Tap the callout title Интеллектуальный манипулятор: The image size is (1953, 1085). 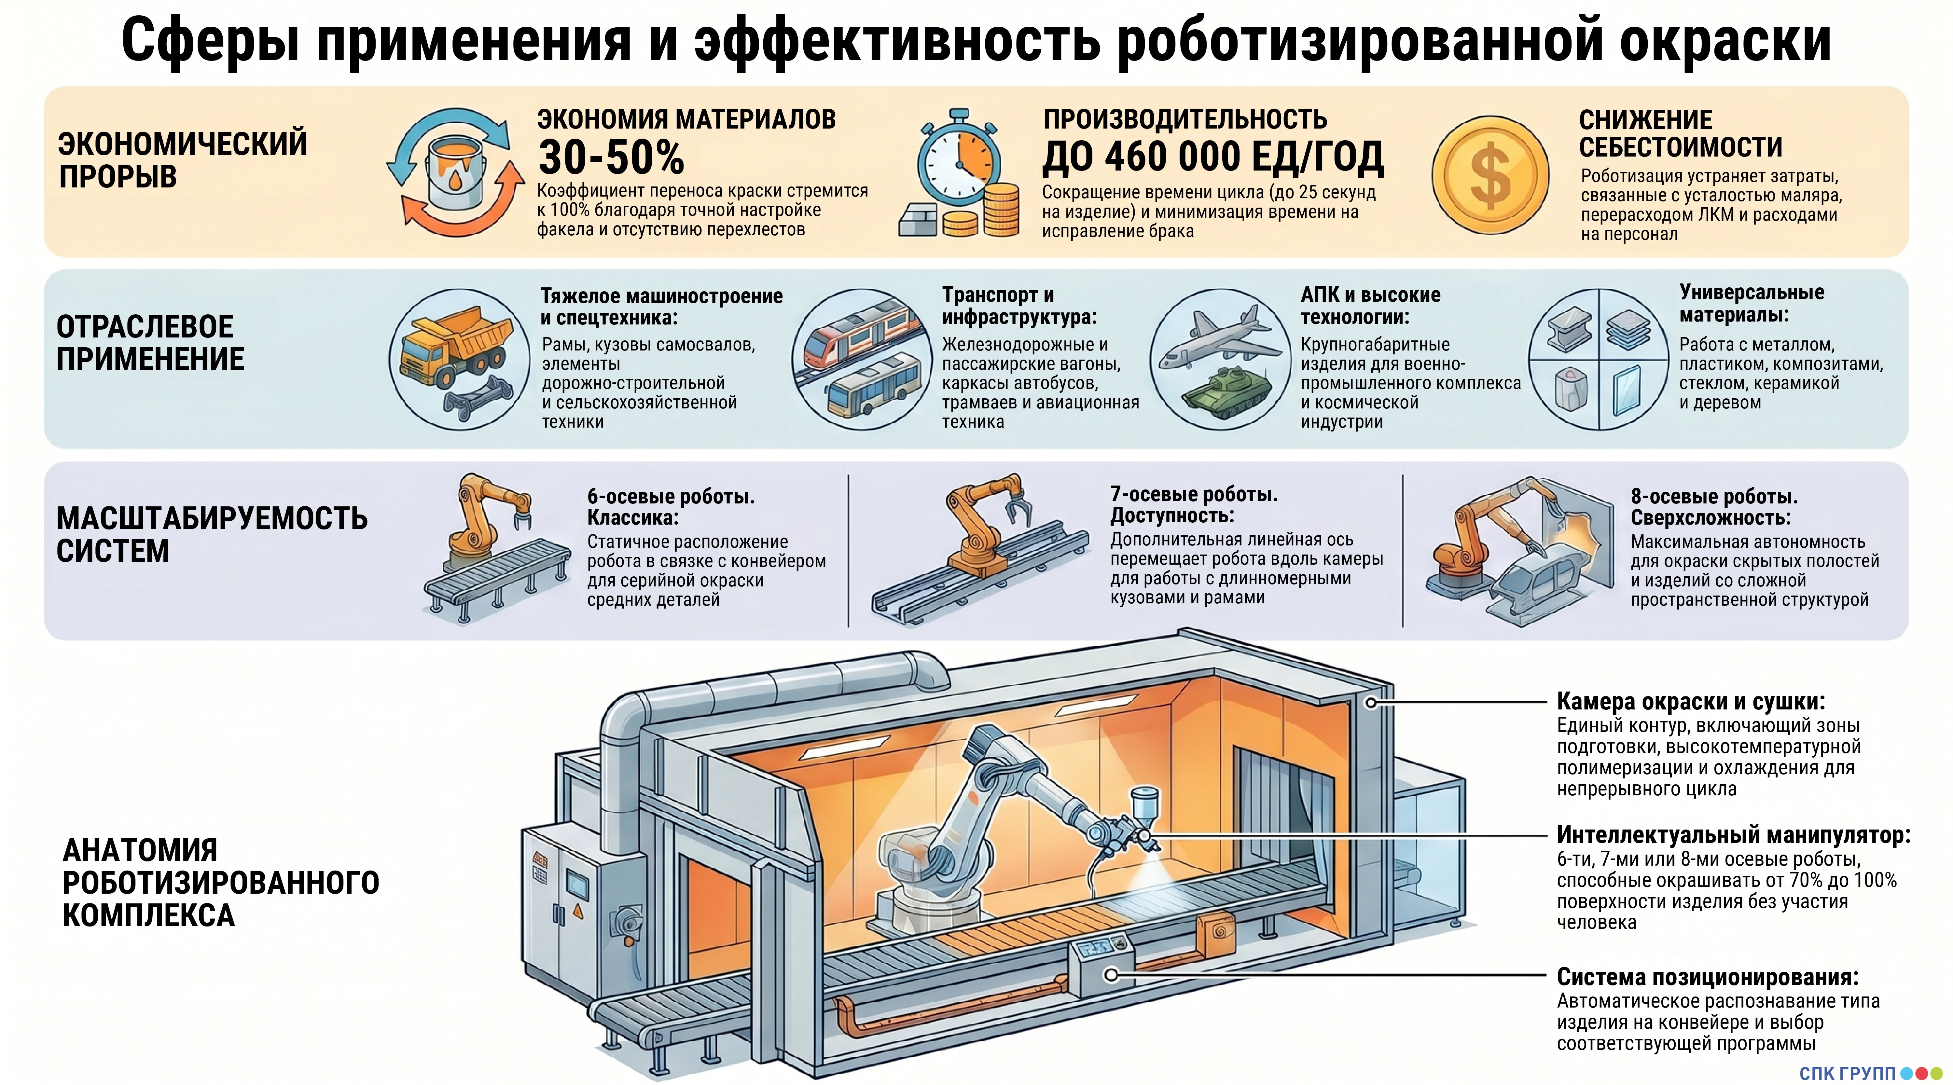1733,835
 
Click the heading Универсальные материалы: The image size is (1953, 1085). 1751,303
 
